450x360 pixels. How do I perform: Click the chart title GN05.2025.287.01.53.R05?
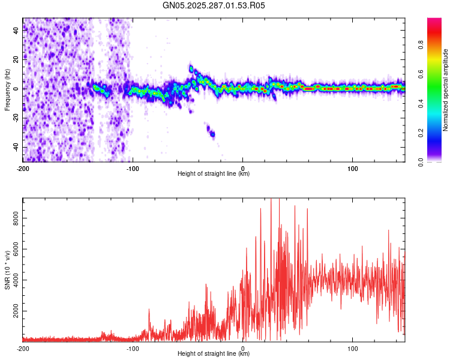coord(214,5)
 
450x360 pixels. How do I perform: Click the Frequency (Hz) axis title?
coord(7,90)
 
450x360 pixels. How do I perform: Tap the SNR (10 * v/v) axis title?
coord(7,269)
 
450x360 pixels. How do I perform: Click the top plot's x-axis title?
coord(214,173)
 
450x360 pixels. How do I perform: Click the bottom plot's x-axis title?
coord(214,353)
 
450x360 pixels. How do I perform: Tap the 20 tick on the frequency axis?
coord(16,59)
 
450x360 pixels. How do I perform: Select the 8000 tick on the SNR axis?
coord(13,220)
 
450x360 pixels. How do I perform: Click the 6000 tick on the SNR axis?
coord(13,251)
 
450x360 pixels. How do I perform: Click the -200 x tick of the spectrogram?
coord(23,168)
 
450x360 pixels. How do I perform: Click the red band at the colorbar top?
coord(434,22)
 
